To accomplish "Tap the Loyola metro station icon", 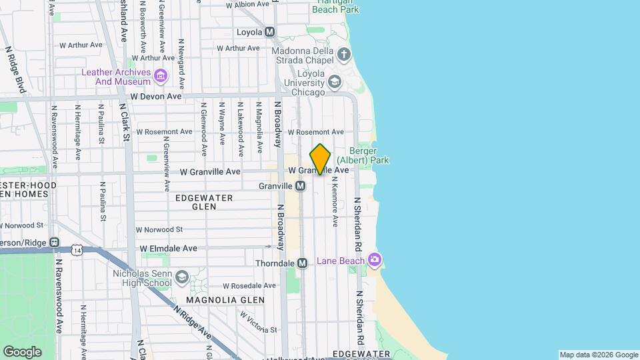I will (270, 31).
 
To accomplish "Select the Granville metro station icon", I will (301, 186).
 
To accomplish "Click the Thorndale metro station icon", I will (302, 263).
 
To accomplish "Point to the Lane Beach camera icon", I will (375, 259).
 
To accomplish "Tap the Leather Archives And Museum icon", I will (160, 76).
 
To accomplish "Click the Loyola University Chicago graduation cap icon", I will (334, 82).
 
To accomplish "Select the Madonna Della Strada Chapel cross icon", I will (343, 54).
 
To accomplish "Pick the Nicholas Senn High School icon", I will (181, 277).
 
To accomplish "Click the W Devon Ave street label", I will (156, 97).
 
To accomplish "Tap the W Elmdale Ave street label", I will (169, 249).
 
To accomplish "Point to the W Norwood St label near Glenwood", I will (159, 229).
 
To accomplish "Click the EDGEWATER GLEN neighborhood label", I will (204, 203).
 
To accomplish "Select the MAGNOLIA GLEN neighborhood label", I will (225, 300).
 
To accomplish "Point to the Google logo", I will (22, 351).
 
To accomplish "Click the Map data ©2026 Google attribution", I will (599, 355).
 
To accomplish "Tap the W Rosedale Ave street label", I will (249, 285).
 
